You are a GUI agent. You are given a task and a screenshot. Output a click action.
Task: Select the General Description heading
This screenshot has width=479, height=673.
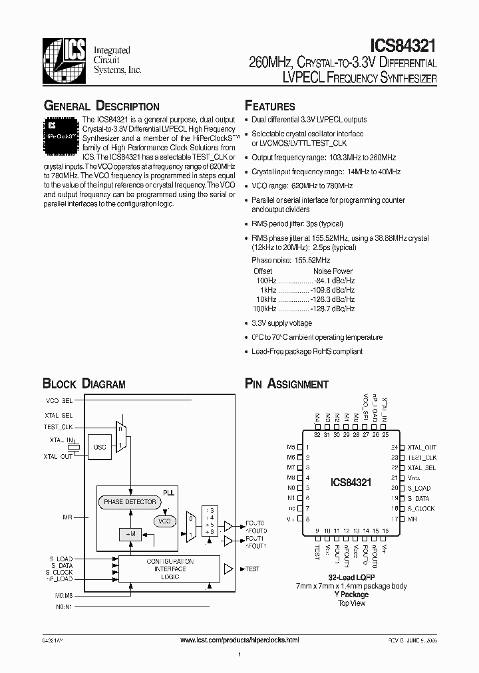101,106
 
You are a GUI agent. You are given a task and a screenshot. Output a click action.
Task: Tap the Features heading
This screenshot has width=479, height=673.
270,106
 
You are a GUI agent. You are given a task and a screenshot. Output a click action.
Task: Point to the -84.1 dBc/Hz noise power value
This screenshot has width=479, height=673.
333,281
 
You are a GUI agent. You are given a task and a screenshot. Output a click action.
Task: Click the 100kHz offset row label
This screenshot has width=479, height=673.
263,309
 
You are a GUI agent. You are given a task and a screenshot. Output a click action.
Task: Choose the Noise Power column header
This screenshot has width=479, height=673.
333,271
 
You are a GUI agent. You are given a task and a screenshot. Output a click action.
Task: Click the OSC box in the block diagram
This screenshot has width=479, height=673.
100,448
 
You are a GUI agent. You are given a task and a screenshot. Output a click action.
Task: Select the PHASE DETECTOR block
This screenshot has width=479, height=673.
130,502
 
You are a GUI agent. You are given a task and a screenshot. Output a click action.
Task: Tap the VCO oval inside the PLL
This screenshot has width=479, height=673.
164,521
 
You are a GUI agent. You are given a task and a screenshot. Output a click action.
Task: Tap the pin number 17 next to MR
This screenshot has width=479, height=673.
395,519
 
